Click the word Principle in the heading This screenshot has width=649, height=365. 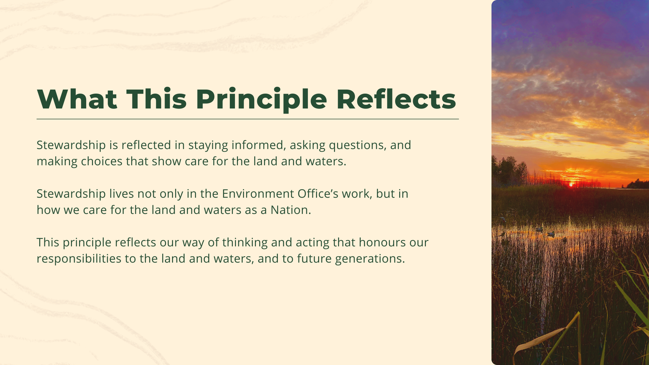tap(261, 100)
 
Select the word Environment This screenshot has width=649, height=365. tap(258, 194)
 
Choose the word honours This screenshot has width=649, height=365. tap(382, 242)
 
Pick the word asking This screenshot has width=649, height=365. tap(307, 146)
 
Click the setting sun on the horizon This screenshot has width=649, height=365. tap(571, 184)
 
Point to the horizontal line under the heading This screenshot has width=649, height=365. tap(248, 119)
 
